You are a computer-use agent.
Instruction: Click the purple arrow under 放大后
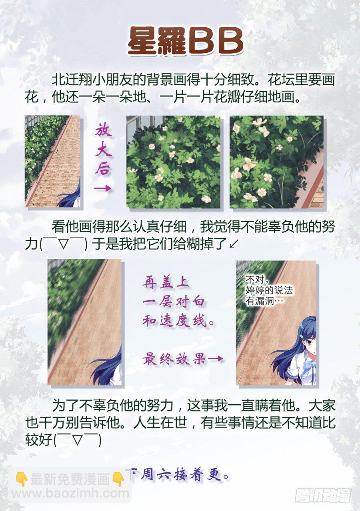click(103, 188)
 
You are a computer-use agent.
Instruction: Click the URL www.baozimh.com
click(70, 493)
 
